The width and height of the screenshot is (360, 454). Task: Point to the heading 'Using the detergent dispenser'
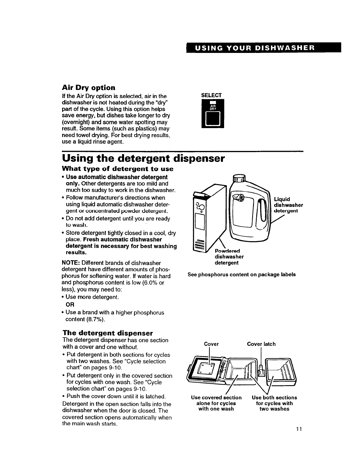pyautogui.click(x=143, y=158)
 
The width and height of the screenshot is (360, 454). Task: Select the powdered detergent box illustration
pyautogui.click(x=204, y=220)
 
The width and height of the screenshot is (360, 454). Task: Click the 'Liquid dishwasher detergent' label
pyautogui.click(x=288, y=205)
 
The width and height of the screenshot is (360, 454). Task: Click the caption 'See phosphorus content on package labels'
pyautogui.click(x=241, y=274)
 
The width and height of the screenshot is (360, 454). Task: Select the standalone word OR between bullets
pyautogui.click(x=70, y=304)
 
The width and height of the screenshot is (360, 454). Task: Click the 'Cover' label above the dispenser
pyautogui.click(x=211, y=344)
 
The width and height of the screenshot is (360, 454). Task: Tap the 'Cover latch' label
pyautogui.click(x=261, y=344)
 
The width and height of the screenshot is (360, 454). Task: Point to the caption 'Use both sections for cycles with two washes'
pyautogui.click(x=274, y=403)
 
